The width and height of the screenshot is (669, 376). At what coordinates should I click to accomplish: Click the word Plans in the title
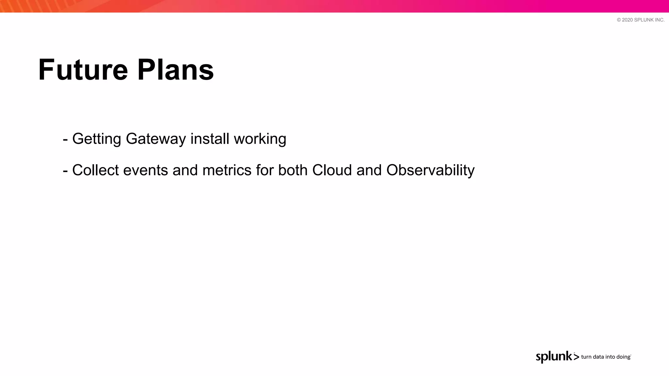175,70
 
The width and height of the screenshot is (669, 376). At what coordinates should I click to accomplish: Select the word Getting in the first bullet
97,139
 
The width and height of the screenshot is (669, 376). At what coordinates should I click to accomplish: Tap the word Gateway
156,139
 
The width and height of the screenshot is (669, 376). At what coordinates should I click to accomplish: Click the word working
260,139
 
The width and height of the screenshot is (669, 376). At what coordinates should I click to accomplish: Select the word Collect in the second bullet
95,170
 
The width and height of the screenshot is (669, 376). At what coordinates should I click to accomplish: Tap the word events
145,170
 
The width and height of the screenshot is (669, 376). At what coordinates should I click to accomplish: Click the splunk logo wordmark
554,357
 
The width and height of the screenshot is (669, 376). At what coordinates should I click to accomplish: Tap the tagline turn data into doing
606,357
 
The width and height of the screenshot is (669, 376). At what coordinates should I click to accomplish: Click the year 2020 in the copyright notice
627,20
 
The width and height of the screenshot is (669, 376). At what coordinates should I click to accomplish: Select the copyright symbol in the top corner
619,20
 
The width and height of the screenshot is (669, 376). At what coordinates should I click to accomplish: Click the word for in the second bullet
265,170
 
